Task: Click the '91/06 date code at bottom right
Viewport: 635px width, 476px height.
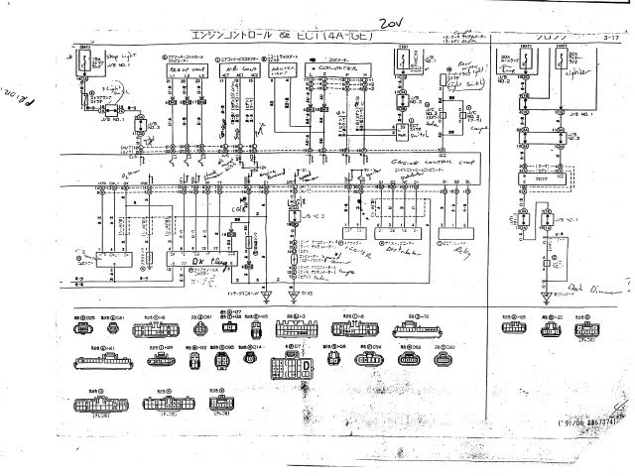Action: click(585, 423)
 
